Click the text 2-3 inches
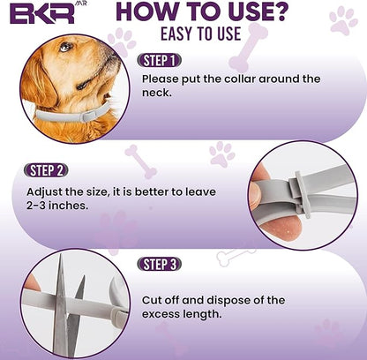[57, 208]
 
